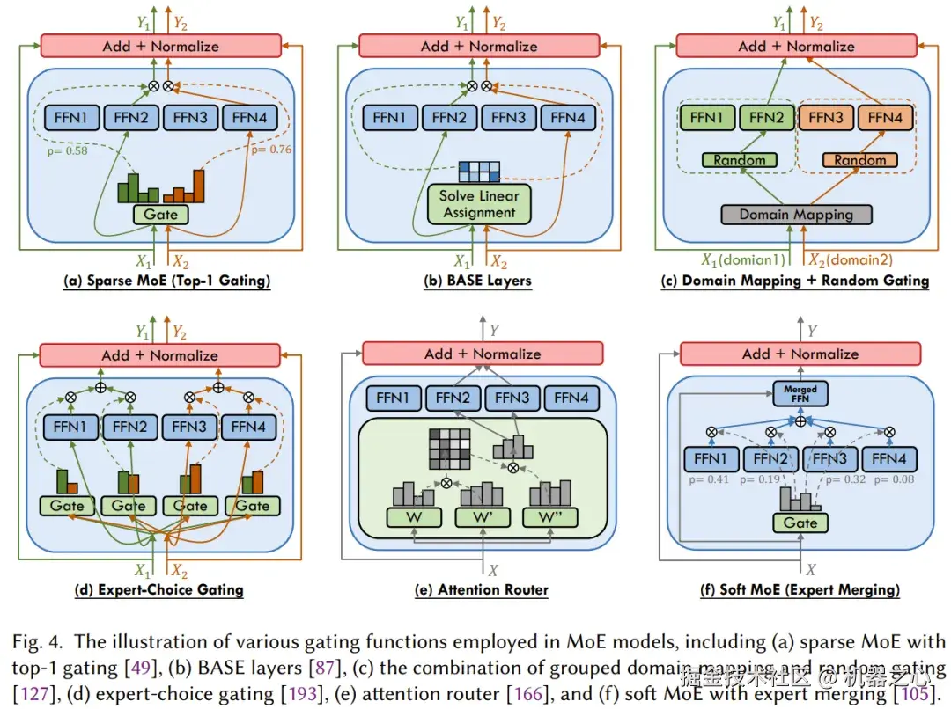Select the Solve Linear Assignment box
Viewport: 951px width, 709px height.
479,204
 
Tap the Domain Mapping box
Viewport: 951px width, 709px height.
795,214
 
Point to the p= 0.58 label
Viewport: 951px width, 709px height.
65,151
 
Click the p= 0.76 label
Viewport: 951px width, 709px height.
272,150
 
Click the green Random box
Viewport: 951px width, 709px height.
740,160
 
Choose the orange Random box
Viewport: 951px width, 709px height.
860,160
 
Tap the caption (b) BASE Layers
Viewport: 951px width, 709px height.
479,281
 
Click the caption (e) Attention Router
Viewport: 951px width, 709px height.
481,590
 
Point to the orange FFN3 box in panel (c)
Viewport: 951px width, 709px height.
825,118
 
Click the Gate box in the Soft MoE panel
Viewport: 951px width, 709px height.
800,523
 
